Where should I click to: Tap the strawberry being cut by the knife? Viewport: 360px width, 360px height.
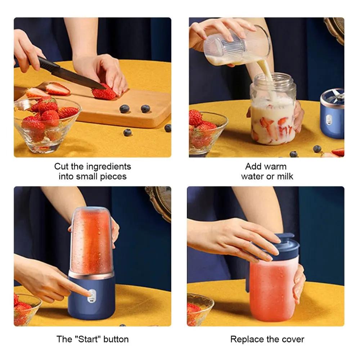(104, 93)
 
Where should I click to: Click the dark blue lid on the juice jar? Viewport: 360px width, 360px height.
(279, 247)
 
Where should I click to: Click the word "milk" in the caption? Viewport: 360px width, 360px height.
(284, 176)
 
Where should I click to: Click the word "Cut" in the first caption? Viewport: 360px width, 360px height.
(60, 166)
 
